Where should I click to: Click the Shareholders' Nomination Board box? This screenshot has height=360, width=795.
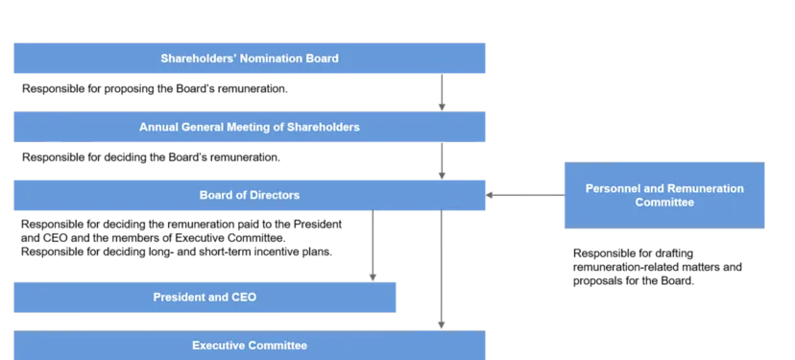(250, 58)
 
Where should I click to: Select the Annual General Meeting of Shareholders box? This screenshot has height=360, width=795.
(250, 127)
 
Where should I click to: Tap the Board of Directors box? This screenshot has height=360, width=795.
(250, 195)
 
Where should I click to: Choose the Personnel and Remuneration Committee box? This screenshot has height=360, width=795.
(664, 196)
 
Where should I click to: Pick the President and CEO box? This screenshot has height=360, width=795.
(204, 298)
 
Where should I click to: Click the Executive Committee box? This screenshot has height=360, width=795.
(250, 345)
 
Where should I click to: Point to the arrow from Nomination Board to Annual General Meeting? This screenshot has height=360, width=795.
(442, 92)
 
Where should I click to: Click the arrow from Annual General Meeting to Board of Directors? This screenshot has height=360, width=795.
(442, 161)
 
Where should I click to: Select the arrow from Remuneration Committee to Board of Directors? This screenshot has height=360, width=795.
(526, 196)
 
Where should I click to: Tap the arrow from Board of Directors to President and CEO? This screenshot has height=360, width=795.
(373, 246)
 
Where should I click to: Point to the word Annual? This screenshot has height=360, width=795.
(158, 127)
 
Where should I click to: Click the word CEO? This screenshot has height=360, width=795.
(244, 298)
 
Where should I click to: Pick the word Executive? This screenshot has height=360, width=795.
(218, 345)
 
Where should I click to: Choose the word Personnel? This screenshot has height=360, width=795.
(612, 189)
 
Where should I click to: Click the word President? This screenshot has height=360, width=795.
(179, 298)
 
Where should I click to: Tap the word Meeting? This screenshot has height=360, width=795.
(247, 127)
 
